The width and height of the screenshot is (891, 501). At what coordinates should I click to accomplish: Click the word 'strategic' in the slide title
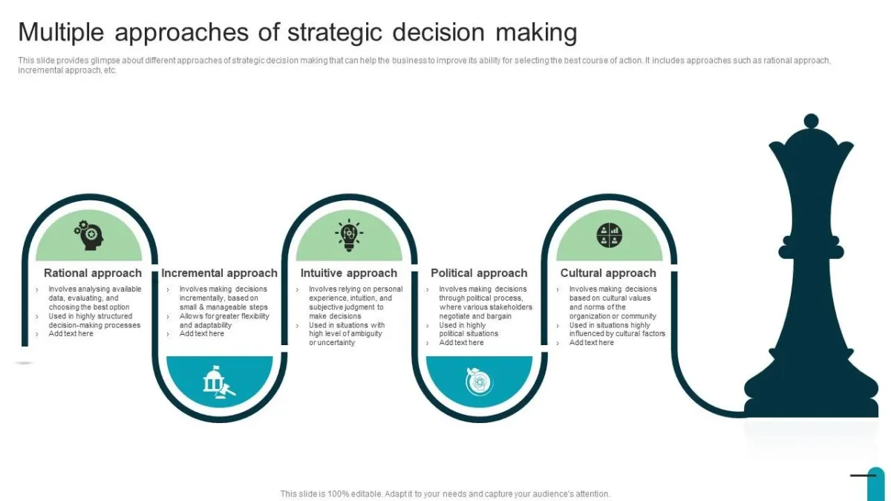click(335, 33)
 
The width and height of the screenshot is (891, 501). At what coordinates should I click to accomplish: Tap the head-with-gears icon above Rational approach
click(88, 235)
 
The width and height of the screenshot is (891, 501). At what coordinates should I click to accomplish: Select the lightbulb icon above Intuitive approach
click(349, 235)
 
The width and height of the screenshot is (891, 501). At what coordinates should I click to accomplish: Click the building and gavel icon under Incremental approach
click(219, 382)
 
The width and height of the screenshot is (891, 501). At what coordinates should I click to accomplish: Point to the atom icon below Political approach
click(480, 382)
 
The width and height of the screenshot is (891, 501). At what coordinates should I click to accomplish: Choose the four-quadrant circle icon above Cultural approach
click(610, 235)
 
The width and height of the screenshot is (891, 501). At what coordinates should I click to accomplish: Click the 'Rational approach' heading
click(93, 273)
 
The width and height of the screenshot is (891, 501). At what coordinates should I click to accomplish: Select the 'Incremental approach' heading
click(219, 273)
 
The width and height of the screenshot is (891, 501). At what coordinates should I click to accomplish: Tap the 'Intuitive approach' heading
click(349, 273)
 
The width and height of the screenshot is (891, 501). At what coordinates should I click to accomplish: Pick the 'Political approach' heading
click(479, 273)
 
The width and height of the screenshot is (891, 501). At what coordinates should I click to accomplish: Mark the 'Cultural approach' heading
click(608, 273)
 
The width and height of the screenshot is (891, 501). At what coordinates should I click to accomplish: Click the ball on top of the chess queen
click(811, 121)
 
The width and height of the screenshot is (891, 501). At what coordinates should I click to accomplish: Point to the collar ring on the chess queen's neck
click(811, 252)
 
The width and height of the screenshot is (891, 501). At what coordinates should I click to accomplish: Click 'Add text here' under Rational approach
click(71, 333)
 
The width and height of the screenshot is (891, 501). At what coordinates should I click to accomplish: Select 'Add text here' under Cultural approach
click(592, 343)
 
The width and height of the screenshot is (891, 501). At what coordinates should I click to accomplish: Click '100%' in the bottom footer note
click(338, 494)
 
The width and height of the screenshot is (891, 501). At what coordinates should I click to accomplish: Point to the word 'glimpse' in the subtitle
click(105, 60)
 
